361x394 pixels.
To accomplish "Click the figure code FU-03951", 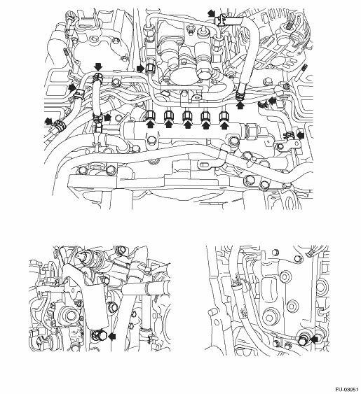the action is pyautogui.click(x=347, y=390).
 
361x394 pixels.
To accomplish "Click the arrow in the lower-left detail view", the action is pyautogui.click(x=111, y=336).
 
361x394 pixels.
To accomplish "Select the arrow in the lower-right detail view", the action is pyautogui.click(x=315, y=339).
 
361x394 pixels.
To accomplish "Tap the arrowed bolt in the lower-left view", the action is pyautogui.click(x=98, y=335).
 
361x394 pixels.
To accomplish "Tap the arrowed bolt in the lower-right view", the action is pyautogui.click(x=303, y=339).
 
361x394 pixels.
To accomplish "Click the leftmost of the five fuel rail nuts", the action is pyautogui.click(x=151, y=116).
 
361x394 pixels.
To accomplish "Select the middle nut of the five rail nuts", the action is pyautogui.click(x=187, y=116).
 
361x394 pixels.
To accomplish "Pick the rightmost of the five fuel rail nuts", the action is pyautogui.click(x=224, y=116).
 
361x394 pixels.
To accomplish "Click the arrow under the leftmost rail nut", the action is pyautogui.click(x=151, y=125).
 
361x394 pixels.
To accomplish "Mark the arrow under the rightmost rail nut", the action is pyautogui.click(x=224, y=125).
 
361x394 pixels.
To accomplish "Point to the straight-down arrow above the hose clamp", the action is pyautogui.click(x=98, y=67).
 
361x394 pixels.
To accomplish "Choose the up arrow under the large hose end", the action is pyautogui.click(x=241, y=105).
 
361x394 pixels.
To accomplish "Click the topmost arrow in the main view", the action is pyautogui.click(x=211, y=13).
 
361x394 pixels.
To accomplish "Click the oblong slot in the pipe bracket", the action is pyautogui.click(x=205, y=165).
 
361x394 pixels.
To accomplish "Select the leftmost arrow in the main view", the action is pyautogui.click(x=48, y=121).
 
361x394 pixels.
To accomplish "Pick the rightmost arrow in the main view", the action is pyautogui.click(x=300, y=135).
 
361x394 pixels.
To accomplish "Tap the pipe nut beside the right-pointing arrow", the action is pyautogui.click(x=150, y=68).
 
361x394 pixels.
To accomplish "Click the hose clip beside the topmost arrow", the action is pyautogui.click(x=221, y=20).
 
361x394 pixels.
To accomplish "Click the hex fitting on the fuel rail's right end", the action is pyautogui.click(x=251, y=131).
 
